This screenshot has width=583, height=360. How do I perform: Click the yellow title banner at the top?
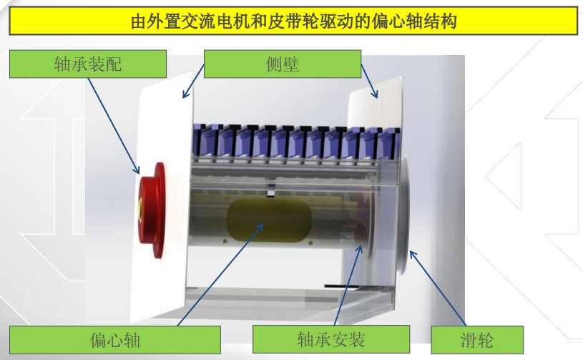pos(293,21)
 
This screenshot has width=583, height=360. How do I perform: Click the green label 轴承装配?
pos(87,64)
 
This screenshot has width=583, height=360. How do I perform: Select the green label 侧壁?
pos(282,64)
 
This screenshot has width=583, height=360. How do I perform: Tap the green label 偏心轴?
pos(114,339)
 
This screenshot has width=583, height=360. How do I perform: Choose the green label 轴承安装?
pos(330,339)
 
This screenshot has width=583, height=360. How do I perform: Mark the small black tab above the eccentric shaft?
pos(271,193)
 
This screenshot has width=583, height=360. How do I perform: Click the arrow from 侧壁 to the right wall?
pos(368,79)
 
